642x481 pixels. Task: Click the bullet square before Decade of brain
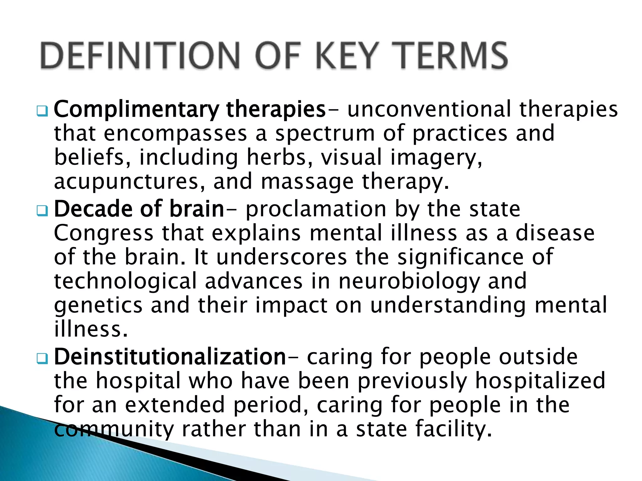(x=42, y=210)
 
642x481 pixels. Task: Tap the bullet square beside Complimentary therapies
(x=42, y=111)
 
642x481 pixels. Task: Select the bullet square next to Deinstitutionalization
(x=42, y=358)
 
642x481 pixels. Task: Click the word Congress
(x=104, y=233)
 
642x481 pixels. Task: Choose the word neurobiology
(x=409, y=281)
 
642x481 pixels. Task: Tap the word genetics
(x=98, y=305)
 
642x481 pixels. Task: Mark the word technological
(x=125, y=281)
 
